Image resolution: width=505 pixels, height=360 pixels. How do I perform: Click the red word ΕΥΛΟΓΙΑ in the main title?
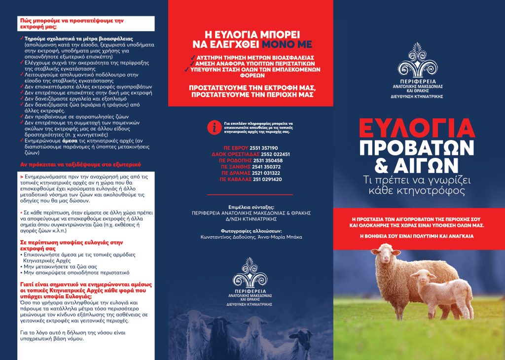[416, 128]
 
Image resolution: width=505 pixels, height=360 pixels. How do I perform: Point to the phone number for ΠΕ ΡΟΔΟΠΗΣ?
[266, 161]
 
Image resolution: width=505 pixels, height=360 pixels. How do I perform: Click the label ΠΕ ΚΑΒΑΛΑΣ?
[236, 180]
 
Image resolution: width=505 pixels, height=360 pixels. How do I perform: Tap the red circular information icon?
[214, 127]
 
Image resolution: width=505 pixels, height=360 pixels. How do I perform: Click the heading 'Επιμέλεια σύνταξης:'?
[251, 207]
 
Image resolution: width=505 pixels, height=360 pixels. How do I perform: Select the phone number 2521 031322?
[265, 173]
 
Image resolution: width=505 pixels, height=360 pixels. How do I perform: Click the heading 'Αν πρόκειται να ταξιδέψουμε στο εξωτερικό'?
[80, 163]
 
